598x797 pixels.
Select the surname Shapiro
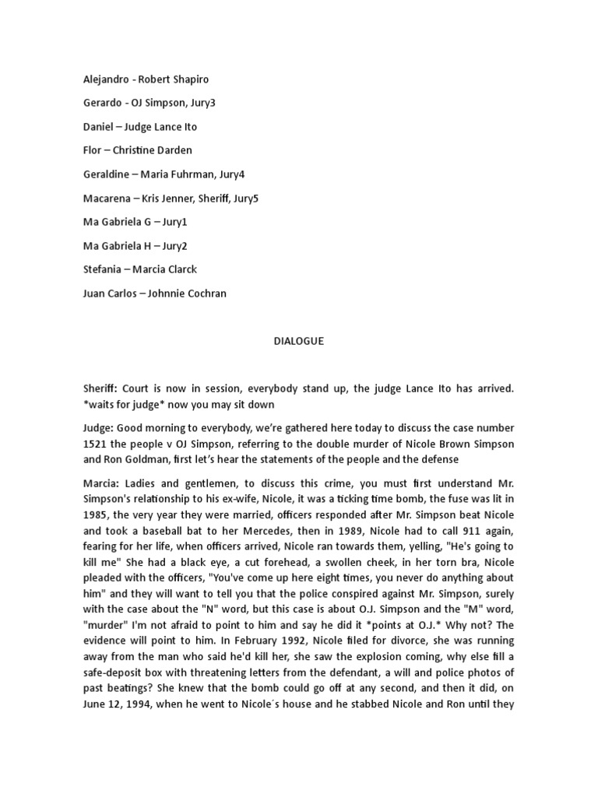point(189,79)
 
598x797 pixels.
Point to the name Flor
point(93,150)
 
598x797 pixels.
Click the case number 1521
point(96,444)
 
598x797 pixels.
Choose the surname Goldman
point(124,458)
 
